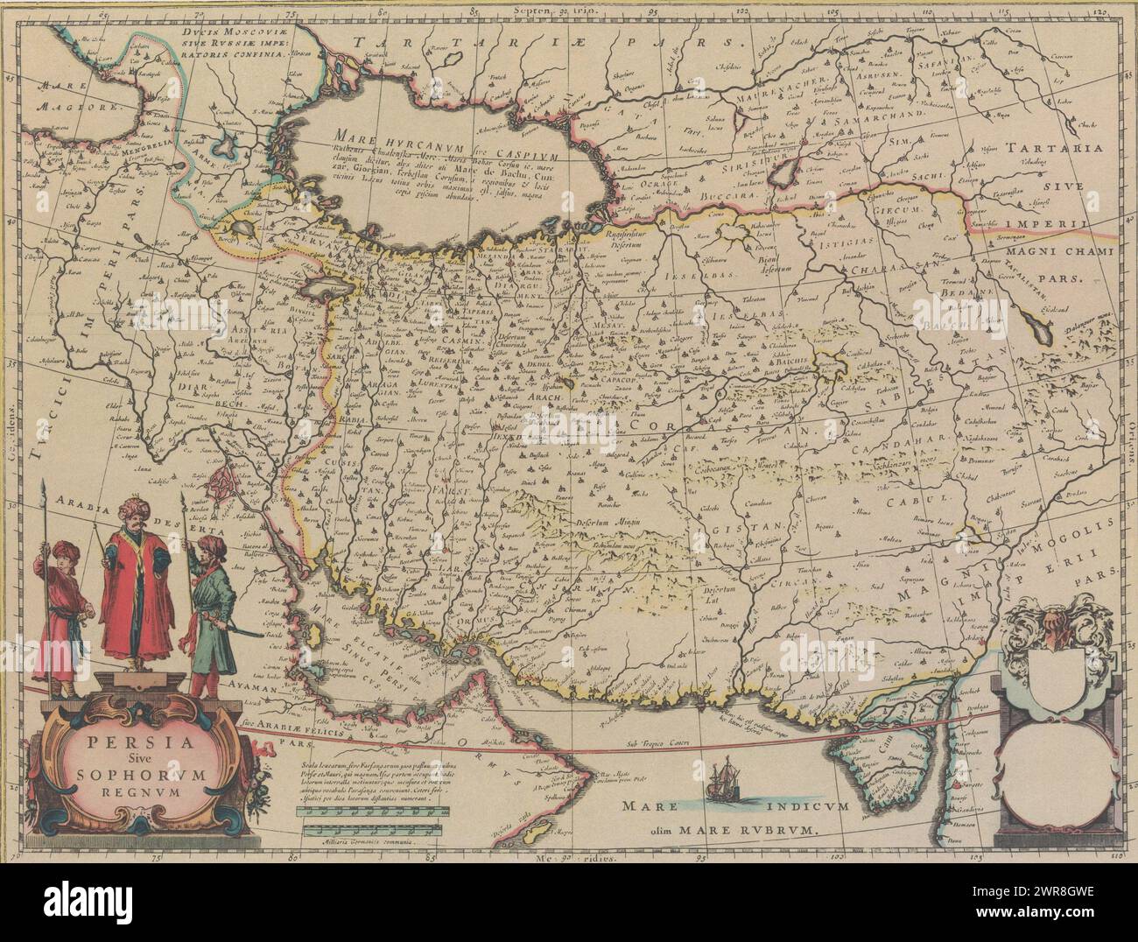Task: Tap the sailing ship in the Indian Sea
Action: (725, 779)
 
